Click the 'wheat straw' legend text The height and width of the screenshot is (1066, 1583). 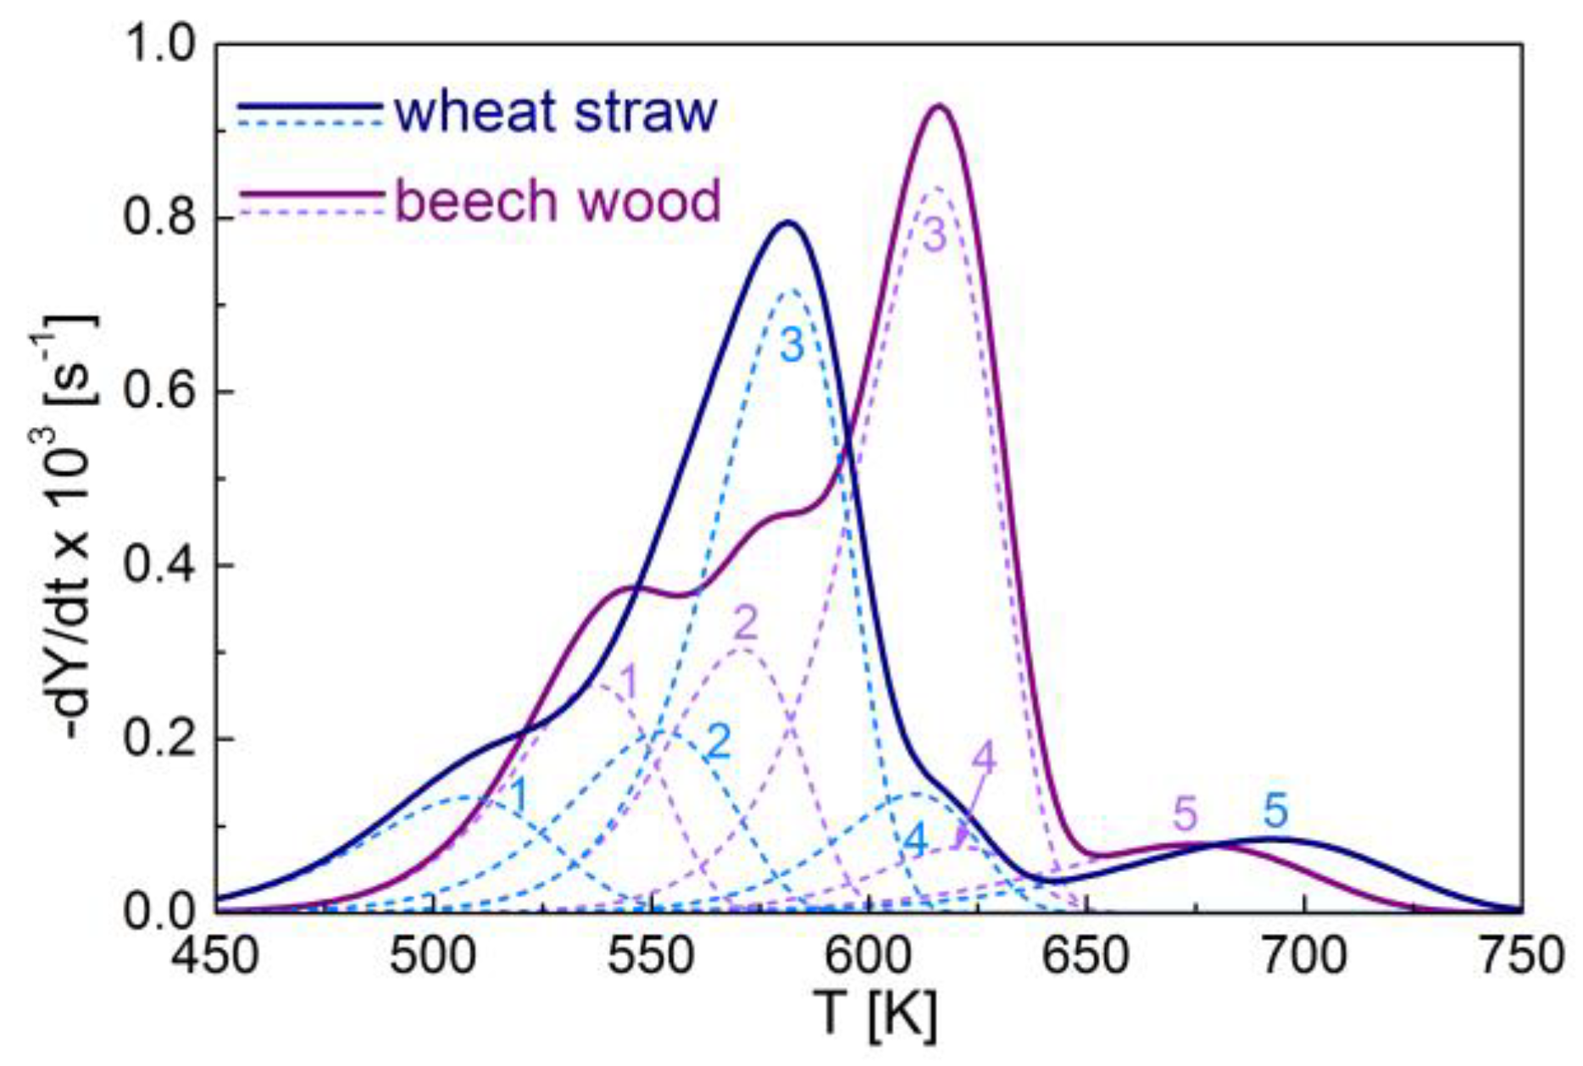point(556,113)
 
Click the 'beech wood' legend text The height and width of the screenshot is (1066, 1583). point(558,201)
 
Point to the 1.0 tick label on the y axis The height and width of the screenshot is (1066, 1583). point(162,44)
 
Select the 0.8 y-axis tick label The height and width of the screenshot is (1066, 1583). point(162,218)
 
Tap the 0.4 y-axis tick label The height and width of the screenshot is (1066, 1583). point(162,565)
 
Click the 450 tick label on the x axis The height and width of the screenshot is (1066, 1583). point(217,956)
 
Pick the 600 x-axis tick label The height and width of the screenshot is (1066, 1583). point(869,956)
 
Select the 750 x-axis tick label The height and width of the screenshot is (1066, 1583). point(1522,956)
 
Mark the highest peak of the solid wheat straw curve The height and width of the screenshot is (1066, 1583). point(789,223)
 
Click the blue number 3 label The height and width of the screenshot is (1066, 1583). point(791,345)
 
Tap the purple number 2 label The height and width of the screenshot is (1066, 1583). point(745,625)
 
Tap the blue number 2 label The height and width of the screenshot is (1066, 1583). point(719,742)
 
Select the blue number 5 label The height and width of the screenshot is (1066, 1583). point(1275,811)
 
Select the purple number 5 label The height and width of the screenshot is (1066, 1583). point(1186,814)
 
